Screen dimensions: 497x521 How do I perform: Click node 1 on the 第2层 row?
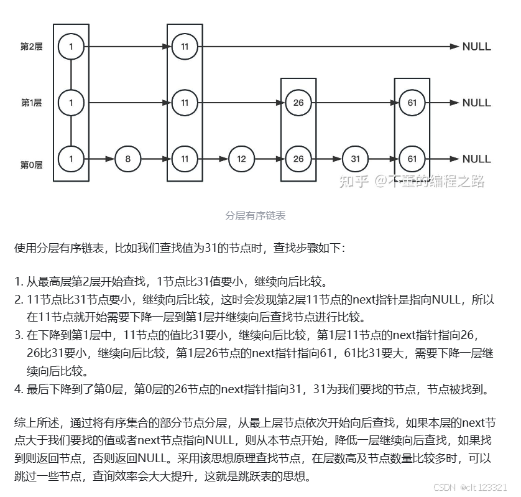[71, 47]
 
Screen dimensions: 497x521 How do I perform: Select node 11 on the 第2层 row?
[185, 47]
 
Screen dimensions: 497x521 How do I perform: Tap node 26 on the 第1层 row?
[298, 103]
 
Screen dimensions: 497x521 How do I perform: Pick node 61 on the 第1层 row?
[412, 103]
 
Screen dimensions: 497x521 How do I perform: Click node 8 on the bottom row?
[128, 159]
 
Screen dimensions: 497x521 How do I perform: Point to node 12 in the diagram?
[241, 159]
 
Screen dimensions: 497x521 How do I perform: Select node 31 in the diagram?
[355, 159]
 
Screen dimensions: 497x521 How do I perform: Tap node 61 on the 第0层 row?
[412, 159]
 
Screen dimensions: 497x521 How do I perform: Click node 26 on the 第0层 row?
[298, 159]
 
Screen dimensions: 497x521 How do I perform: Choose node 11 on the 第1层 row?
[185, 103]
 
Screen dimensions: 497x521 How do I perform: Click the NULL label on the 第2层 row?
[476, 47]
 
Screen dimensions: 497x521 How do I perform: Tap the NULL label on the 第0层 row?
[476, 159]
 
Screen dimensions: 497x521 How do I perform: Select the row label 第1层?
[31, 103]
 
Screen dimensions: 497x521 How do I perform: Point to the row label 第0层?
[31, 165]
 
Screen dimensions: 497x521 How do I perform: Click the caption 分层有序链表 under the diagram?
[256, 216]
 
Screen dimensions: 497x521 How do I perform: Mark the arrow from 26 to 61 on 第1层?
[355, 103]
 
